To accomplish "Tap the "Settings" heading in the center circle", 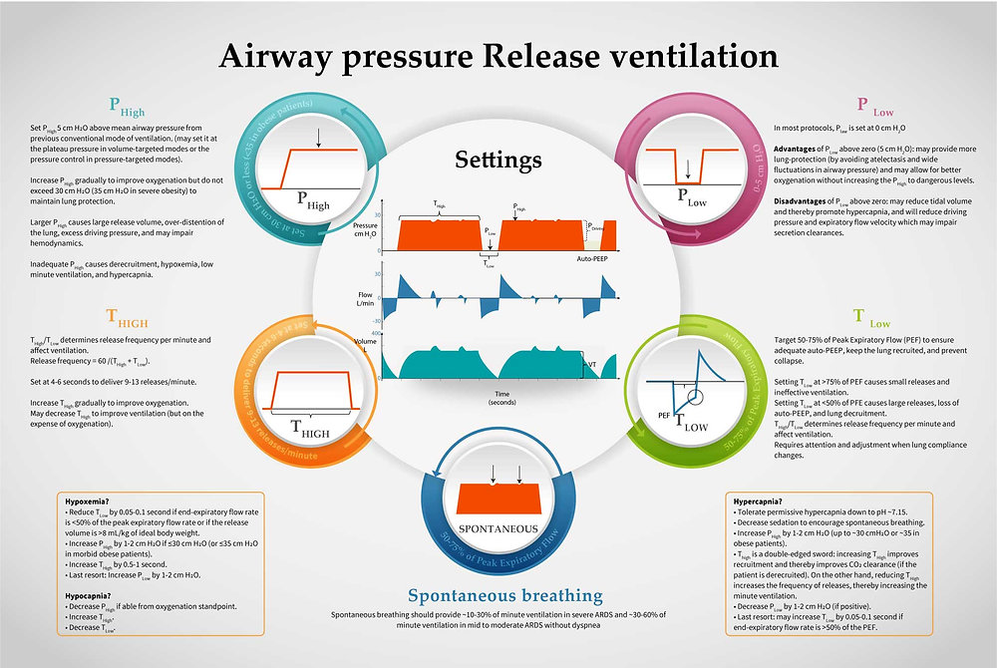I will coord(498,160).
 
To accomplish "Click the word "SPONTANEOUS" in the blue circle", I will coord(497,527).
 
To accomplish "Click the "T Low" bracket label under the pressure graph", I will coord(488,264).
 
